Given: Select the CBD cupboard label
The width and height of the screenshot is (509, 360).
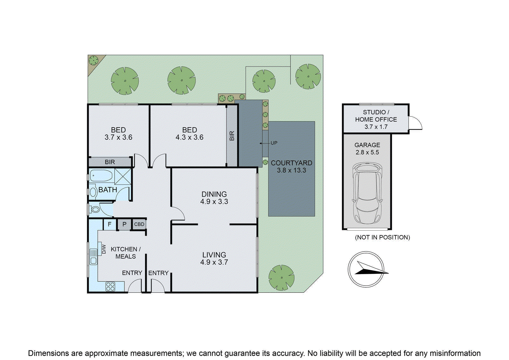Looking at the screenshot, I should pyautogui.click(x=139, y=224).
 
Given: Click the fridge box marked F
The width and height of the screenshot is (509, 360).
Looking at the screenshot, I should pyautogui.click(x=109, y=224).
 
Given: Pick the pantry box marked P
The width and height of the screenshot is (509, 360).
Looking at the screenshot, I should pyautogui.click(x=124, y=224).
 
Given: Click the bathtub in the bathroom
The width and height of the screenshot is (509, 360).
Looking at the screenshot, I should pyautogui.click(x=101, y=176).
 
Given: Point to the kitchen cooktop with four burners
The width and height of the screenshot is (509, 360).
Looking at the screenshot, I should pyautogui.click(x=110, y=287).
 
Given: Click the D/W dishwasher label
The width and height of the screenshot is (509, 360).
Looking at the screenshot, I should pyautogui.click(x=104, y=249).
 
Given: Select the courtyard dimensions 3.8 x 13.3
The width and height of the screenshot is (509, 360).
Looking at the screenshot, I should pyautogui.click(x=291, y=170).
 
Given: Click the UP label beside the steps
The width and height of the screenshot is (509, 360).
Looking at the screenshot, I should pyautogui.click(x=274, y=143).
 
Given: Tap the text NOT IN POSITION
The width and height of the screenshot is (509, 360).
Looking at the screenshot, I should pyautogui.click(x=382, y=237).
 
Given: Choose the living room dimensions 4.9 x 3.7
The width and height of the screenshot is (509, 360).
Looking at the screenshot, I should pyautogui.click(x=214, y=262).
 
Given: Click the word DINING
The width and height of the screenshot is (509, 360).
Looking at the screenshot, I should pyautogui.click(x=214, y=194).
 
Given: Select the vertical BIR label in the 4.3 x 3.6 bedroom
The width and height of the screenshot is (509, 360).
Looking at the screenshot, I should pyautogui.click(x=232, y=136).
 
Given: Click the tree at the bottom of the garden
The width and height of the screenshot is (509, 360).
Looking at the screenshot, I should pyautogui.click(x=281, y=277).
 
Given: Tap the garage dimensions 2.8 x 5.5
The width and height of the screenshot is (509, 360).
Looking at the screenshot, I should pyautogui.click(x=367, y=152).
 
